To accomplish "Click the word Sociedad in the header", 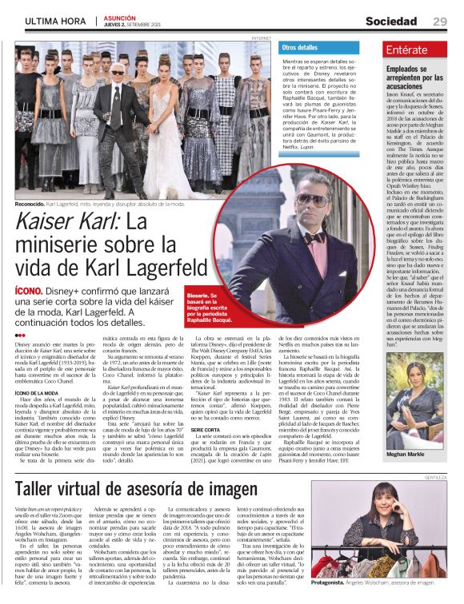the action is tap(391, 22).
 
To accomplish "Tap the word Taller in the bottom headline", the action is tap(41, 488).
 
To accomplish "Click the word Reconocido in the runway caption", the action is tap(30, 203).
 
